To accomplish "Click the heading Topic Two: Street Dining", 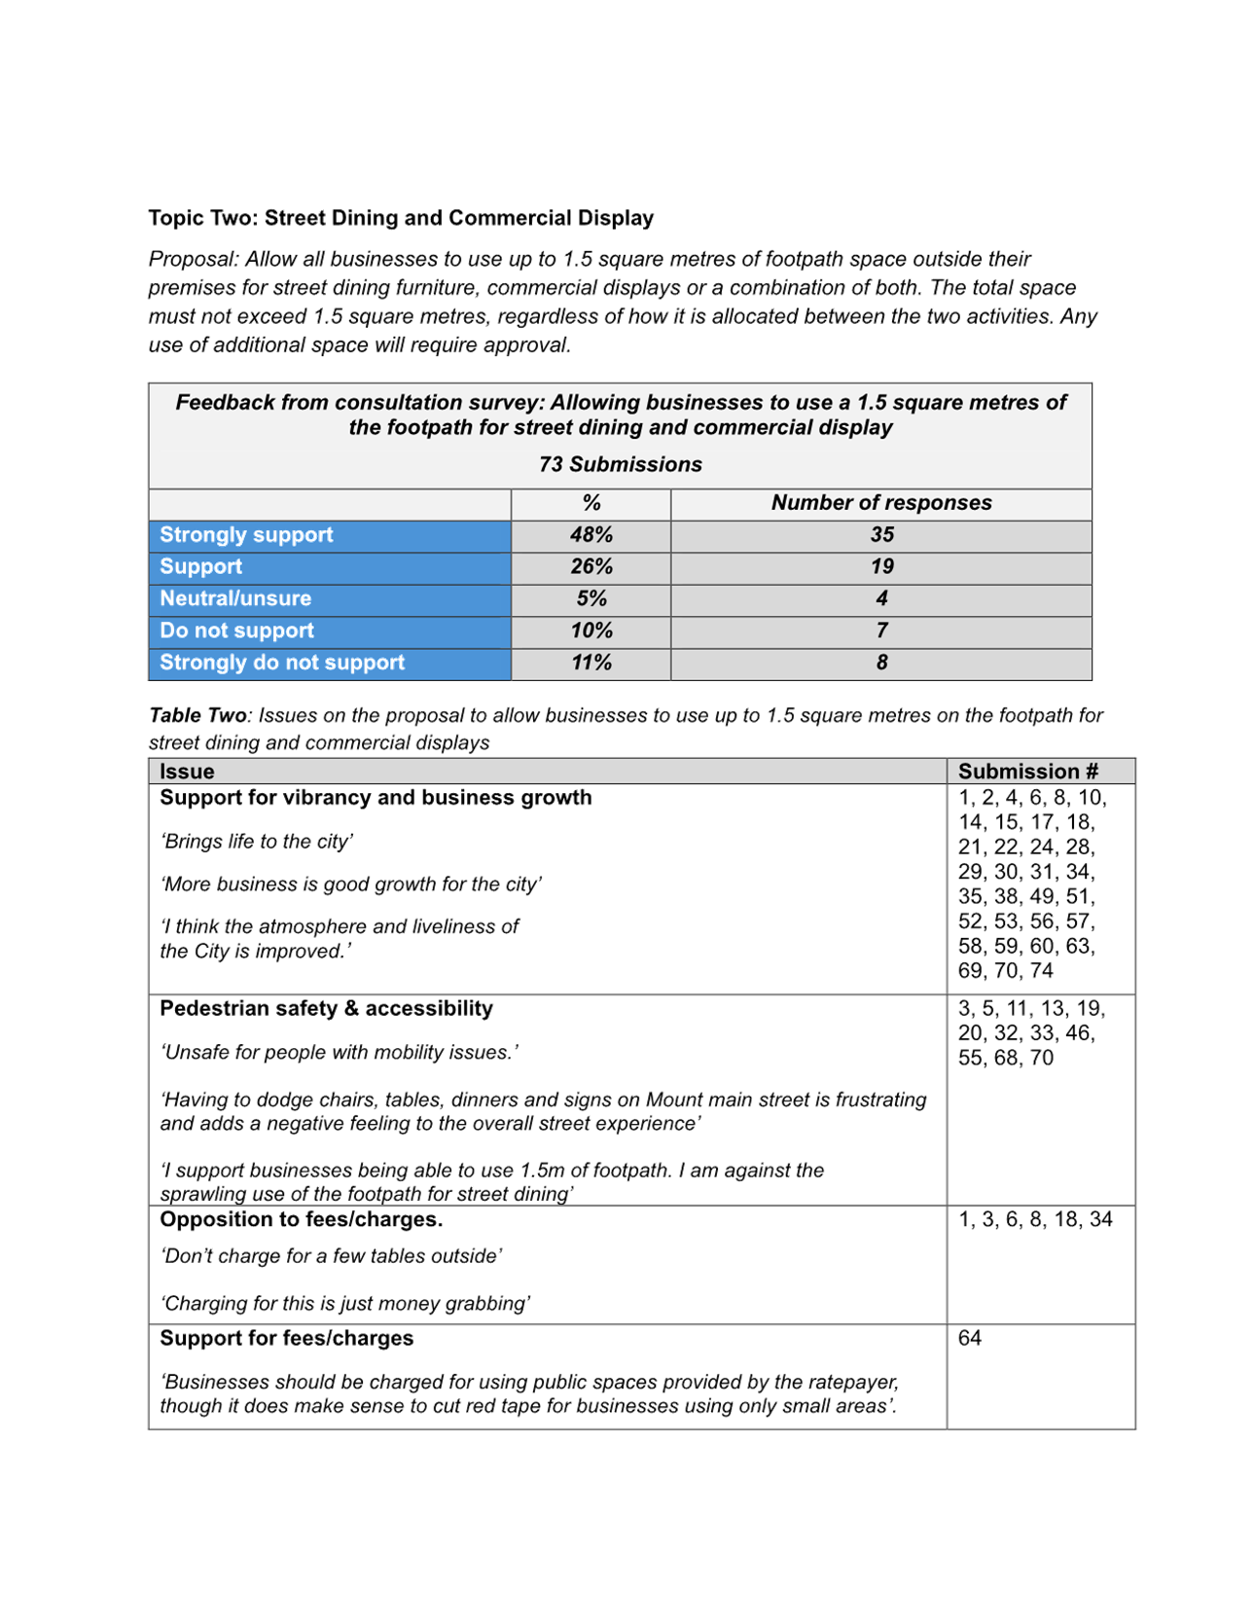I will [x=400, y=218].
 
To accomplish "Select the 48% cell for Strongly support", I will [x=591, y=535].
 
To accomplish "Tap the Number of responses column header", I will [x=880, y=503].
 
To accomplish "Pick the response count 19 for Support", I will [x=881, y=566].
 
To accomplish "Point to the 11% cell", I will [x=591, y=663].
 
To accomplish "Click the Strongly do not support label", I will [x=282, y=663].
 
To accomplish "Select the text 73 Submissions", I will [x=620, y=464].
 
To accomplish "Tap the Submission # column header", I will [x=1027, y=772].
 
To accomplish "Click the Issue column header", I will [x=187, y=772].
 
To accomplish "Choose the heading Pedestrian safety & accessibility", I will [x=326, y=1008].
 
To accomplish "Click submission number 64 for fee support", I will [x=969, y=1338].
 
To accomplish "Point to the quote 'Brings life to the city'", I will [x=257, y=841].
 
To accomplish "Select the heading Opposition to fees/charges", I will [x=301, y=1219].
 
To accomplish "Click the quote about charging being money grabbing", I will [x=345, y=1303].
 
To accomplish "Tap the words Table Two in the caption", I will [x=198, y=716].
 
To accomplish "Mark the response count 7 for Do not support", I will [x=881, y=631].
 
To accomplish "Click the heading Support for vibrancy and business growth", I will [x=376, y=798].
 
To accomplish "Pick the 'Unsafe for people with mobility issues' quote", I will [x=339, y=1052].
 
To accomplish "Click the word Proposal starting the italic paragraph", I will [x=192, y=259].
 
